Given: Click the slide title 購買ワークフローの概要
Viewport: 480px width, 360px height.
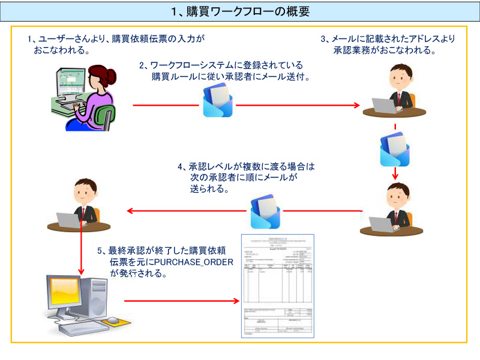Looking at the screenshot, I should coord(240,11).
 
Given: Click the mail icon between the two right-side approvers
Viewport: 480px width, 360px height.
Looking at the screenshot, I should coord(395,149).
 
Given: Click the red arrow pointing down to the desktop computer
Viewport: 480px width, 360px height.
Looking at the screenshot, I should coord(81,252).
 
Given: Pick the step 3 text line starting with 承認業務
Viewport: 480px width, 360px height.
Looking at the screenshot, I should coord(385,50).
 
